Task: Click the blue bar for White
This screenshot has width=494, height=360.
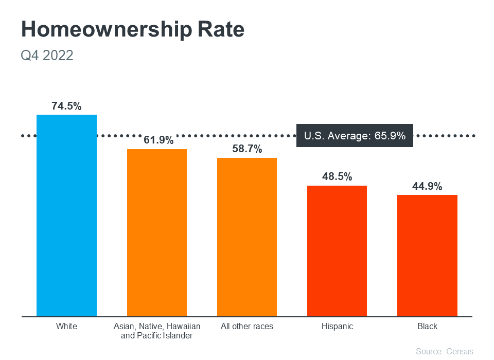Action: (66, 216)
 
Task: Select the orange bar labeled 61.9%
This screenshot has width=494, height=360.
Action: (157, 233)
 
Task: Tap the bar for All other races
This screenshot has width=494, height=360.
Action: (247, 237)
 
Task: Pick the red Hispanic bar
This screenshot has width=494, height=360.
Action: (337, 251)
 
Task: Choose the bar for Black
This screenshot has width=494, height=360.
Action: (427, 256)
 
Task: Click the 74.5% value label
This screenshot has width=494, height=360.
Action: (66, 106)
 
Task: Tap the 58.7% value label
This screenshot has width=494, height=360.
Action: (247, 149)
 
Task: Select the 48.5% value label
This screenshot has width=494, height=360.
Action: (337, 177)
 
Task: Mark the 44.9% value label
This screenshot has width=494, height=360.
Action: (427, 186)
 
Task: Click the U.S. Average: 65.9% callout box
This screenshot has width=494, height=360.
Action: (355, 136)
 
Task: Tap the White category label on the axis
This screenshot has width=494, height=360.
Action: (66, 327)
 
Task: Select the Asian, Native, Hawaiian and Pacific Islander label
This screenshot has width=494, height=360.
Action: (157, 331)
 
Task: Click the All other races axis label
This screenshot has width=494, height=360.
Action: (247, 327)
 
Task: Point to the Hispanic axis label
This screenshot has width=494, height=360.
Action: (337, 327)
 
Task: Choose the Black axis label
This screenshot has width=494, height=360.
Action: (427, 327)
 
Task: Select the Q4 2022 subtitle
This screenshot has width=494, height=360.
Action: (47, 55)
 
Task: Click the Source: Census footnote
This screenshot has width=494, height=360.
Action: (444, 351)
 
